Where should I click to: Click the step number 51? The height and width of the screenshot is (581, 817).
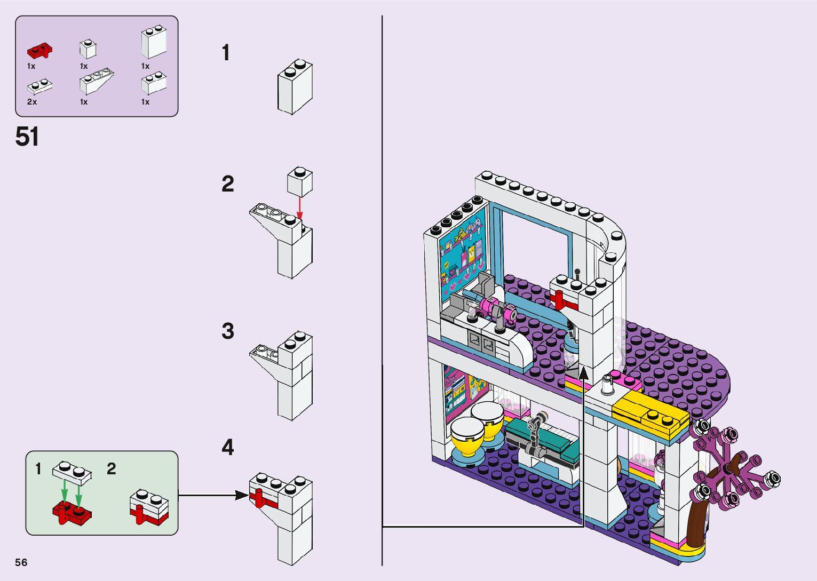[x=27, y=137]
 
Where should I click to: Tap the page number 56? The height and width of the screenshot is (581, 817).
[x=21, y=562]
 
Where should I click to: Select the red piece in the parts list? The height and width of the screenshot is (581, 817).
[x=39, y=51]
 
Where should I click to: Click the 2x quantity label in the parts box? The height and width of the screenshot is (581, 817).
[x=32, y=102]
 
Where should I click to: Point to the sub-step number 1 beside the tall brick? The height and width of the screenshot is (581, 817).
[x=226, y=53]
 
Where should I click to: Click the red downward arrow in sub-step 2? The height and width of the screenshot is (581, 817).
[x=300, y=208]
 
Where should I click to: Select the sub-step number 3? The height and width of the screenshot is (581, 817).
[x=228, y=331]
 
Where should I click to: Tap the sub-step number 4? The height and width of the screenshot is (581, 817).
[x=228, y=448]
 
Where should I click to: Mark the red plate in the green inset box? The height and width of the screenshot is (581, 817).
[x=72, y=514]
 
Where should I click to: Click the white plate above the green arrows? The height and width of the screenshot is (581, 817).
[x=72, y=471]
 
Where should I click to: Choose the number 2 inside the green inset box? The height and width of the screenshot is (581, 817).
[x=111, y=468]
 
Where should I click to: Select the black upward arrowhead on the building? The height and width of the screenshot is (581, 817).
[x=584, y=372]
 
